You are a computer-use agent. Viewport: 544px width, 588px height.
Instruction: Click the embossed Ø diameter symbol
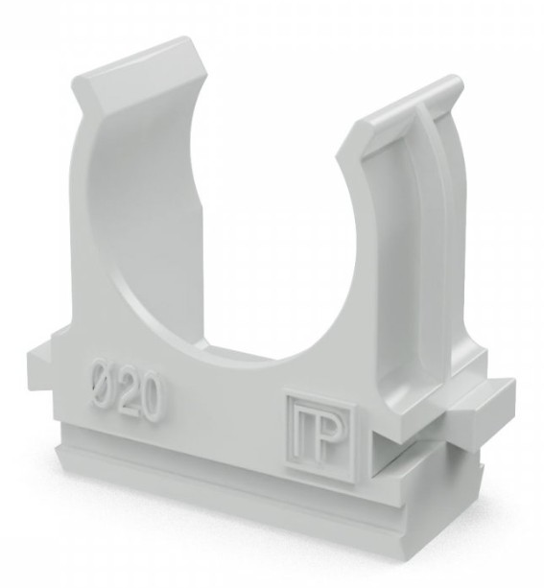(104, 384)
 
